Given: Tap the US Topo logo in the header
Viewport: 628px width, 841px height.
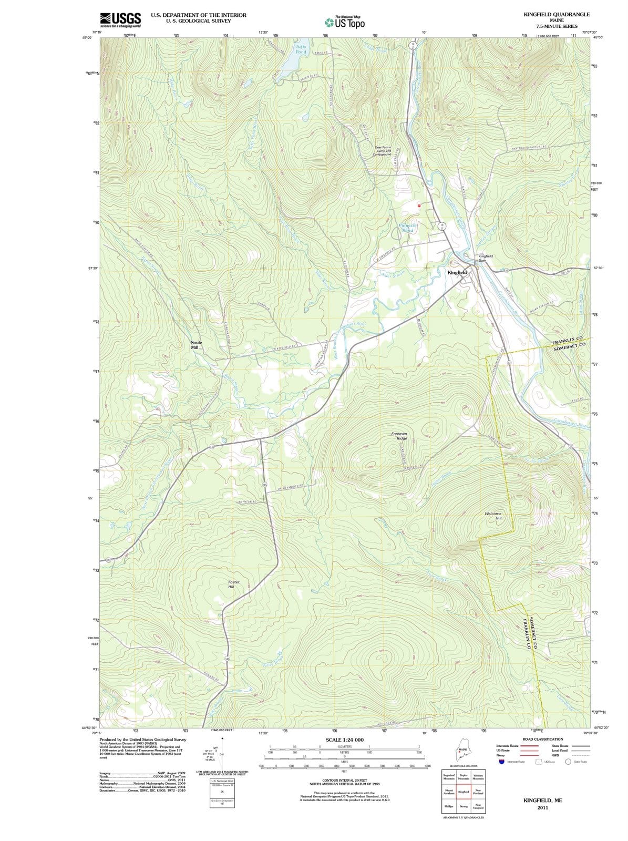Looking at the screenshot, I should (x=345, y=23).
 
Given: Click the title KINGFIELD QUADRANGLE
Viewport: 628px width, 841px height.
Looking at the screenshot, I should (x=557, y=14).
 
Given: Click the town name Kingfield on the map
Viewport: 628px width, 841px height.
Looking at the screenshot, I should (x=457, y=273).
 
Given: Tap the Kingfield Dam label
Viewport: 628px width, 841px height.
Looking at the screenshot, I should (x=485, y=258).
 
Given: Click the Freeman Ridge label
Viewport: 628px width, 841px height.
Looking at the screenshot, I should (x=399, y=436).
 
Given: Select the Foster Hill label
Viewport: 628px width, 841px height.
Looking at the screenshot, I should (x=234, y=584).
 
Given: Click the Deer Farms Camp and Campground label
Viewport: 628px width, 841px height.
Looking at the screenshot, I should (x=383, y=151).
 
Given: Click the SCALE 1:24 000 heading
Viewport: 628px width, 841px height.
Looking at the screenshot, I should (x=345, y=740).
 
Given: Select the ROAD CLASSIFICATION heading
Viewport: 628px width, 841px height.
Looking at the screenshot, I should (x=541, y=739).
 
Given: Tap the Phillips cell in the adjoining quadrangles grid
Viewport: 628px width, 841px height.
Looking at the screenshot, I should (x=449, y=806).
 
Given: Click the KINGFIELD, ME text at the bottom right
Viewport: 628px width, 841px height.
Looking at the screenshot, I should (x=543, y=800).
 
